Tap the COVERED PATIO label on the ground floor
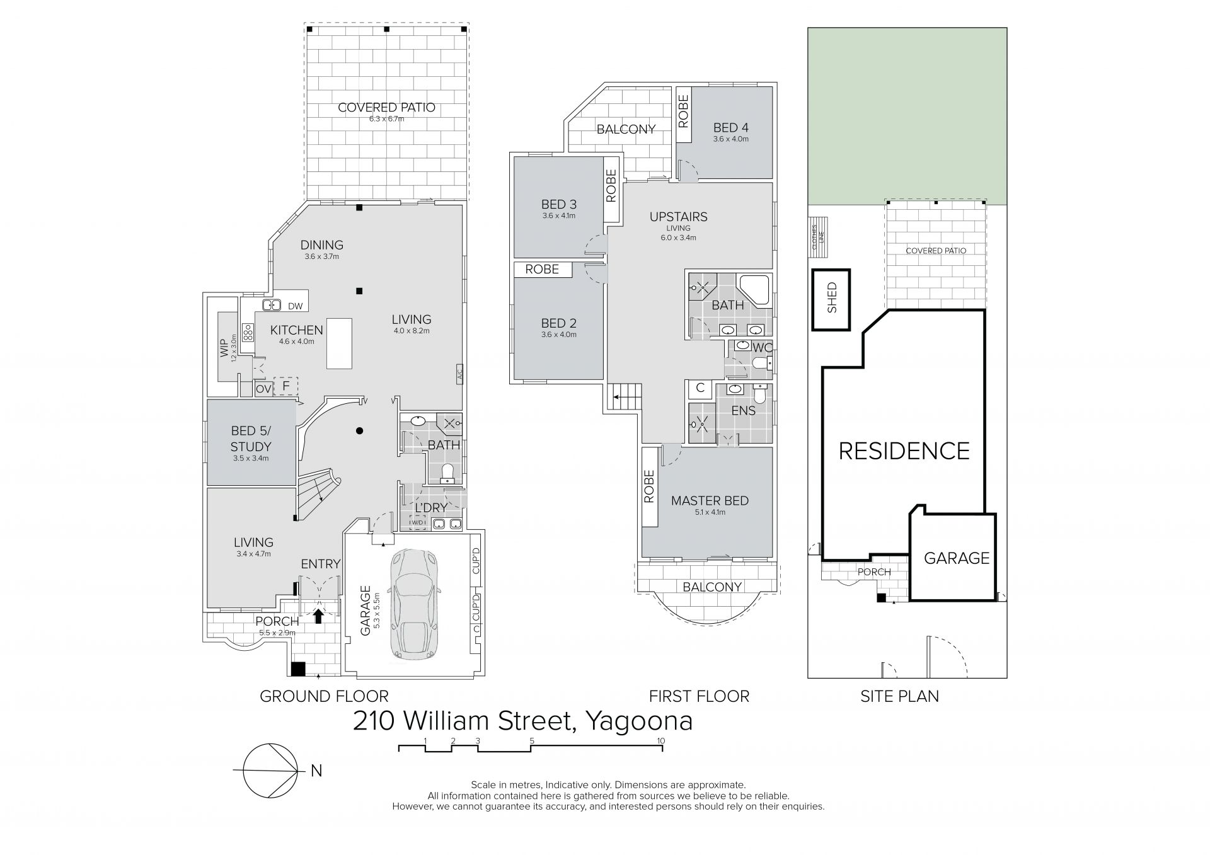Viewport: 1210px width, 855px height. [386, 108]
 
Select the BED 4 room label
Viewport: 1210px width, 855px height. [731, 127]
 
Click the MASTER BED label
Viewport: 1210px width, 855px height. [710, 501]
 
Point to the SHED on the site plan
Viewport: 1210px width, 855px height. [831, 300]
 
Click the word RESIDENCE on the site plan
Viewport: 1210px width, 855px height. [904, 451]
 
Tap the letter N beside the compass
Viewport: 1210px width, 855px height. [316, 771]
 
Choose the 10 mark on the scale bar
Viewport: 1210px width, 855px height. [660, 740]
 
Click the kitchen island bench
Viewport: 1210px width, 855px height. [339, 343]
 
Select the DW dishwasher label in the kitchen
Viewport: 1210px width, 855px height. [296, 306]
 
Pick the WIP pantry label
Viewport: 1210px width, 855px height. [224, 348]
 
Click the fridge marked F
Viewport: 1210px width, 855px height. [285, 385]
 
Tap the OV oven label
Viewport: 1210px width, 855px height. [263, 389]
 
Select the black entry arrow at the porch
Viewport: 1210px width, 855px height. [318, 615]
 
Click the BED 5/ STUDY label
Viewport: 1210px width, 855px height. [251, 439]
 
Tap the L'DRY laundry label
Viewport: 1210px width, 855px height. [431, 507]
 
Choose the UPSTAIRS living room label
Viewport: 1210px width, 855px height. [678, 217]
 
